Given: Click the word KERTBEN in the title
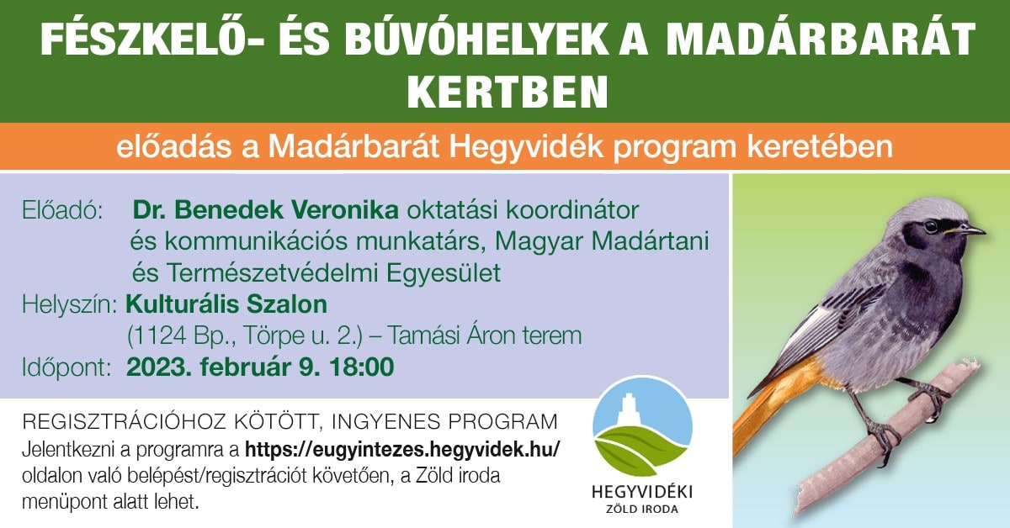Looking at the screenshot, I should [x=505, y=87].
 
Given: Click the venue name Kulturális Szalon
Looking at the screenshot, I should [x=226, y=303].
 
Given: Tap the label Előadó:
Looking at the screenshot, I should [x=62, y=209].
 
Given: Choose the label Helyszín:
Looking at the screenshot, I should [x=70, y=304].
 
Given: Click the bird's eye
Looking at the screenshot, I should [x=931, y=226].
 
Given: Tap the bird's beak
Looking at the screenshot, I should [x=971, y=229].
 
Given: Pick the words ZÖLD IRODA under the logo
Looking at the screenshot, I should [x=642, y=509].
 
